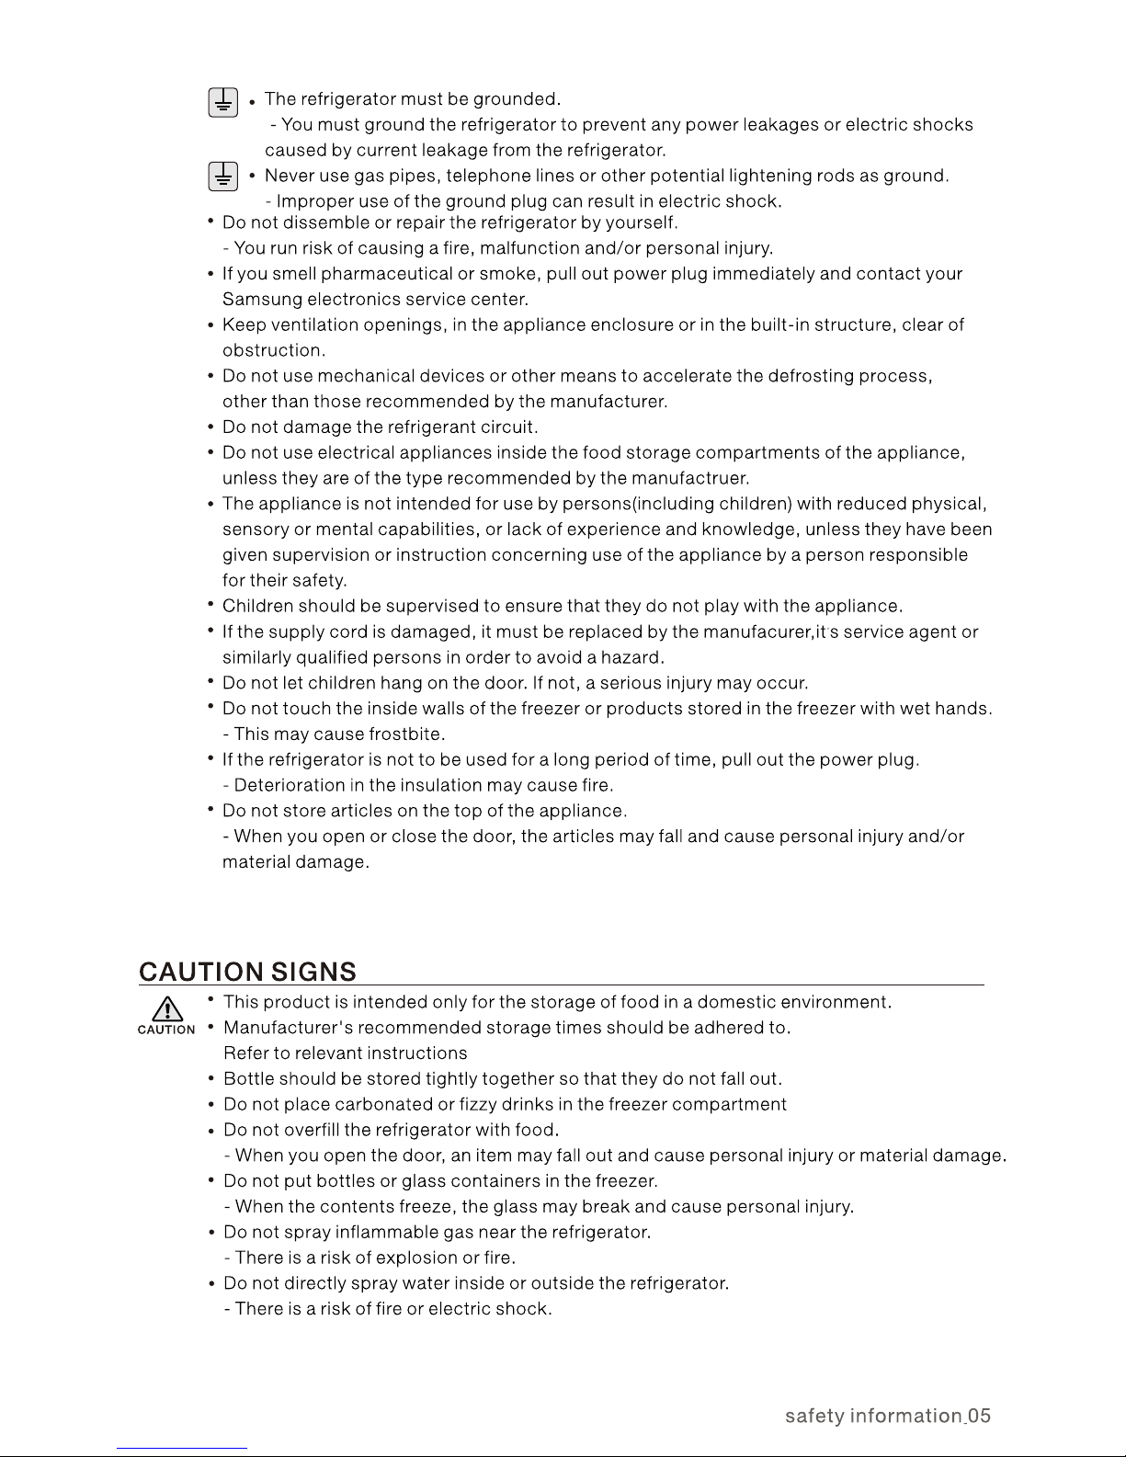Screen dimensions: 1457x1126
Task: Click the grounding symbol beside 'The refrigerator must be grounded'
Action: [222, 101]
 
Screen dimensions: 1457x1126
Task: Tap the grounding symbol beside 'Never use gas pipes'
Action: [222, 176]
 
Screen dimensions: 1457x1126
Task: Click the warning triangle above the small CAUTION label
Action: [165, 1008]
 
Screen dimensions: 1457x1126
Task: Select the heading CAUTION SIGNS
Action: [247, 973]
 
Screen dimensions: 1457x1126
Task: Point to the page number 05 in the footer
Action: [979, 1416]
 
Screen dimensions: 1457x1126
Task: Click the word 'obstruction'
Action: [273, 351]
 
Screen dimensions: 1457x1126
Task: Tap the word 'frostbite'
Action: [406, 734]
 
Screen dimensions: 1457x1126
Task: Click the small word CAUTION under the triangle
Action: [166, 1030]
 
